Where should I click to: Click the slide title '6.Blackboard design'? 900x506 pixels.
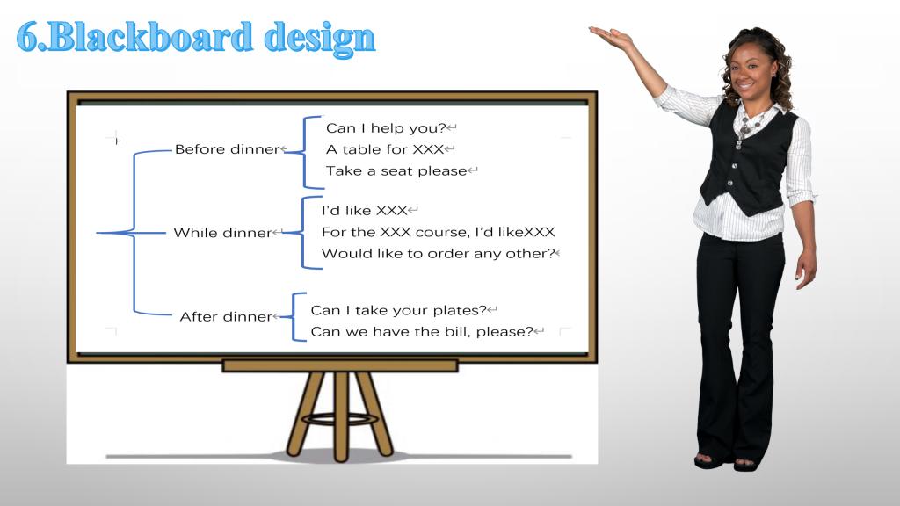(x=196, y=38)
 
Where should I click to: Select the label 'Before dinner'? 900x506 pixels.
(x=227, y=149)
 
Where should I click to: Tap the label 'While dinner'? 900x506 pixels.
(x=222, y=232)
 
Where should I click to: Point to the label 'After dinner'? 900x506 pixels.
(x=226, y=316)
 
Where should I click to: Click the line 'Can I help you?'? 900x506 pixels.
(x=386, y=128)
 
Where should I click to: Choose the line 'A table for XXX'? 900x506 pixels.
(x=385, y=149)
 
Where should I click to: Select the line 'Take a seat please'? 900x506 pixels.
(x=396, y=171)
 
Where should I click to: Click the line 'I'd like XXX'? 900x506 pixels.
(x=364, y=211)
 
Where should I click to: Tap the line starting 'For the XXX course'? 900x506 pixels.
(x=438, y=232)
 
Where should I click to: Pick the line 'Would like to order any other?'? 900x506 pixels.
(x=438, y=254)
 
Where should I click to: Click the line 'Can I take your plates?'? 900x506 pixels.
(x=398, y=310)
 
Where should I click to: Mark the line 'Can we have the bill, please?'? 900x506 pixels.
(x=422, y=331)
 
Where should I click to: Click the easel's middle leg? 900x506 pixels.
(x=340, y=416)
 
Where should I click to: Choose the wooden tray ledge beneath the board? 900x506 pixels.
(x=340, y=365)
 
